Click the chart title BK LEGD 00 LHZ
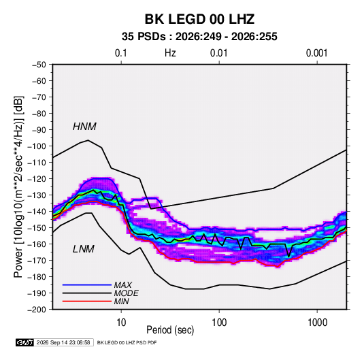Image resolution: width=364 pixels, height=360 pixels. pyautogui.click(x=199, y=19)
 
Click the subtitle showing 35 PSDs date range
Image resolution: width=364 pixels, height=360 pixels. pyautogui.click(x=199, y=37)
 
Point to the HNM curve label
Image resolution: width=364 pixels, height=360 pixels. pyautogui.click(x=84, y=127)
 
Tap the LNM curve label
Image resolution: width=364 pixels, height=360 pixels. pyautogui.click(x=84, y=249)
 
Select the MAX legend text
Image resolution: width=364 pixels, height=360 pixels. pyautogui.click(x=123, y=284)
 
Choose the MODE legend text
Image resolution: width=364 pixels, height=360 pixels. pyautogui.click(x=127, y=293)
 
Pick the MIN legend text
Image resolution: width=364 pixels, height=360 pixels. pyautogui.click(x=121, y=301)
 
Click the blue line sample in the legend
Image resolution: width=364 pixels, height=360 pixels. pyautogui.click(x=87, y=284)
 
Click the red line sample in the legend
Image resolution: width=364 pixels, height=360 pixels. pyautogui.click(x=87, y=301)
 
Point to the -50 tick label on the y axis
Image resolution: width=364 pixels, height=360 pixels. pyautogui.click(x=39, y=65)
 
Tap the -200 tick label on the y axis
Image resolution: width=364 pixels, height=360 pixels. pyautogui.click(x=37, y=310)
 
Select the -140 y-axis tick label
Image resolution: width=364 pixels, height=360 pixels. pyautogui.click(x=37, y=212)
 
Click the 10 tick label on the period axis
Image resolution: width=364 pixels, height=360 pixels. pyautogui.click(x=121, y=323)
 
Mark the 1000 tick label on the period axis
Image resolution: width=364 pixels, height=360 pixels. pyautogui.click(x=317, y=323)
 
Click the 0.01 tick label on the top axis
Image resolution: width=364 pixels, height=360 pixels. pyautogui.click(x=219, y=53)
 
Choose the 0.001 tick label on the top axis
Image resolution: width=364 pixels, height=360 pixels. pyautogui.click(x=316, y=53)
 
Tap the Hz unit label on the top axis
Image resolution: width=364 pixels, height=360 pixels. pyautogui.click(x=170, y=53)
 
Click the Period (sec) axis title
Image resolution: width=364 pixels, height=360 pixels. pyautogui.click(x=170, y=330)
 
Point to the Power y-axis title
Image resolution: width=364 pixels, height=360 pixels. pyautogui.click(x=18, y=186)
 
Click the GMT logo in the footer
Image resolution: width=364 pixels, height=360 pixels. pyautogui.click(x=25, y=342)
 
